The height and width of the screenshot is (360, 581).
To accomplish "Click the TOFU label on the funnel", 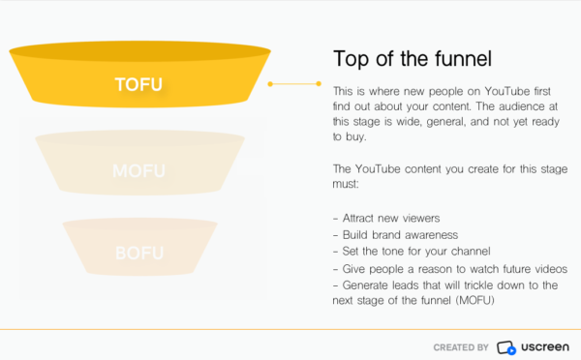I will [138, 85].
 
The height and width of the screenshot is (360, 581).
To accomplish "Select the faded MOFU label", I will [138, 171].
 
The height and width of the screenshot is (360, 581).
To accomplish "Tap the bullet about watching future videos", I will [454, 268].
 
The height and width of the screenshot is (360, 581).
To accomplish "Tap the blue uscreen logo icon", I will [506, 346].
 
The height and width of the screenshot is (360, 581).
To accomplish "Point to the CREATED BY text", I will [461, 346].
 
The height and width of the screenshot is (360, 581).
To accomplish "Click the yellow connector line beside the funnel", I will [295, 84].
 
